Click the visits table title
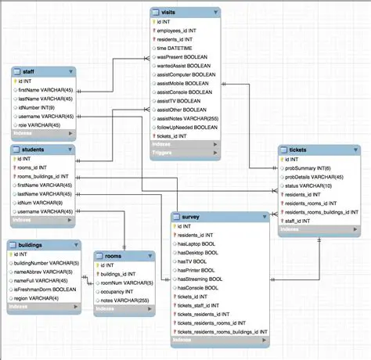coord(171,13)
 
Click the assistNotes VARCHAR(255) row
coord(189,118)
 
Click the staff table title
coord(28,72)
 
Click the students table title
coord(33,149)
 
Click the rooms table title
coord(113,256)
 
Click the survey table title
coord(191,217)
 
